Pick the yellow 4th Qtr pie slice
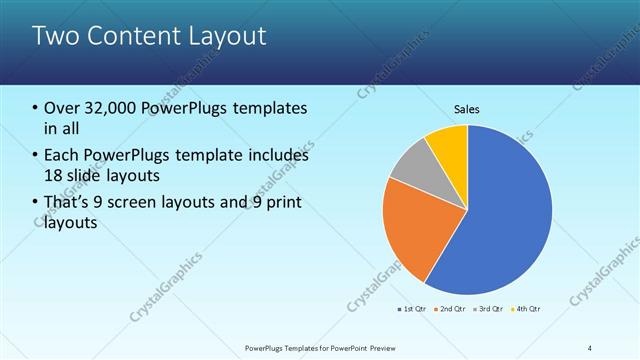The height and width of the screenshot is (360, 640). [x=450, y=145]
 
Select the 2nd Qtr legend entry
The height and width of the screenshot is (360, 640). [x=452, y=308]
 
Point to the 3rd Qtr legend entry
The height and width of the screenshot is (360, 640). [x=490, y=308]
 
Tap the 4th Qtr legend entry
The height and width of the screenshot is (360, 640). [x=528, y=308]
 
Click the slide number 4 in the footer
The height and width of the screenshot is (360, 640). [x=589, y=348]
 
